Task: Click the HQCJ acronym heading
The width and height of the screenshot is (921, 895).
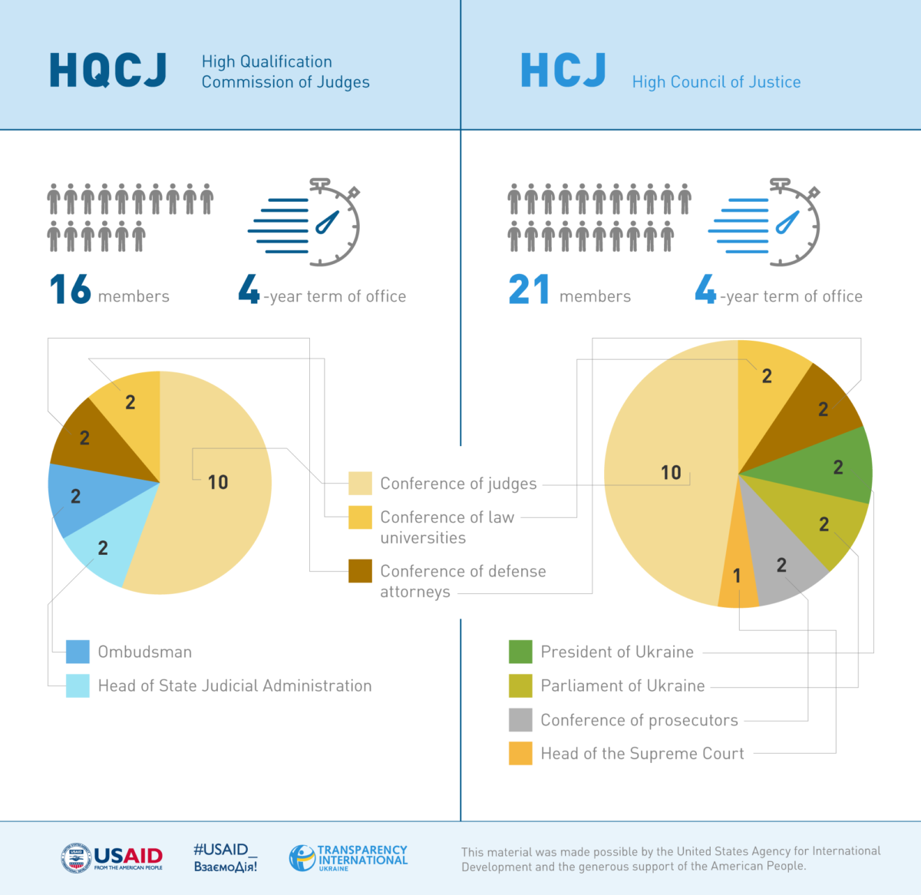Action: [x=107, y=71]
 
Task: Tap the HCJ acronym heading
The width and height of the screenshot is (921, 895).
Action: [x=563, y=71]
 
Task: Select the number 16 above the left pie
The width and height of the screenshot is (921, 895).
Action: [x=70, y=290]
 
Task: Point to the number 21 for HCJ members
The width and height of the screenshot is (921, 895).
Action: [x=529, y=290]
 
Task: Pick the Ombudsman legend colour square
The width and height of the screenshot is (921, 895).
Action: [x=78, y=652]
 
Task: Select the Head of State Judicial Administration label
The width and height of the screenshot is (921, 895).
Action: [x=234, y=685]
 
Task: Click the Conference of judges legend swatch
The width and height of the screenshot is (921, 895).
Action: [x=360, y=484]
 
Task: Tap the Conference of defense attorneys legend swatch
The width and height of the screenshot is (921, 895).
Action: [x=360, y=571]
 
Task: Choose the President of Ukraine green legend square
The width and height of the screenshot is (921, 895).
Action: [x=520, y=652]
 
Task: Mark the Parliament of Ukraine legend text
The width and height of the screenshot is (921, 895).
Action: [x=622, y=685]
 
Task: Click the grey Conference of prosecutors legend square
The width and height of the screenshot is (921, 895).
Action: [x=520, y=720]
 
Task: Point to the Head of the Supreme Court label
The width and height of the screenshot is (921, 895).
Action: [x=642, y=754]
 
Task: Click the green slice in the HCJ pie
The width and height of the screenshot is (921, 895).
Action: [x=833, y=464]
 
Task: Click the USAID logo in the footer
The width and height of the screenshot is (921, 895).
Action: [x=112, y=858]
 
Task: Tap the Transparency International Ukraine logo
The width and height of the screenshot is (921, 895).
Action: [x=348, y=857]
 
